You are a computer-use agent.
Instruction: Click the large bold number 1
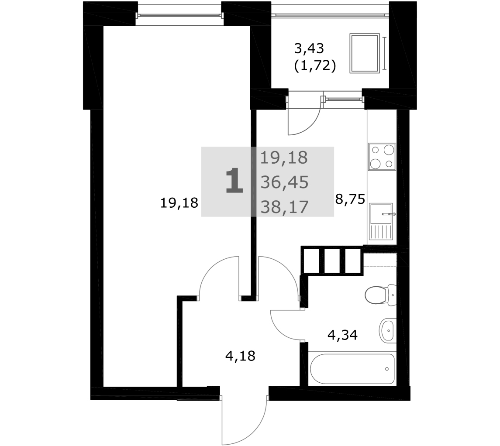tap(234, 181)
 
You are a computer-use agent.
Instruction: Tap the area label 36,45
tap(284, 182)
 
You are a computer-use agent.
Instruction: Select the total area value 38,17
tap(284, 207)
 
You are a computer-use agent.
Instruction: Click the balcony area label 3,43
tap(309, 49)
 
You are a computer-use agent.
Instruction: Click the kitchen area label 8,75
tap(350, 199)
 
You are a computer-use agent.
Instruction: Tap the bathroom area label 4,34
tap(342, 335)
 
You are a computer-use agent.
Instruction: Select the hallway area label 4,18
tap(240, 356)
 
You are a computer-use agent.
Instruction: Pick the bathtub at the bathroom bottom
tap(352, 369)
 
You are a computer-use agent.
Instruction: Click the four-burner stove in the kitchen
tap(382, 156)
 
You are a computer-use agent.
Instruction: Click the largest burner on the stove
tap(389, 149)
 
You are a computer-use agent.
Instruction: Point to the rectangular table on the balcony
tap(365, 53)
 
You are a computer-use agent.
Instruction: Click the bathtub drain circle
tap(387, 369)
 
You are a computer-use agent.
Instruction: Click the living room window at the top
tap(179, 15)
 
